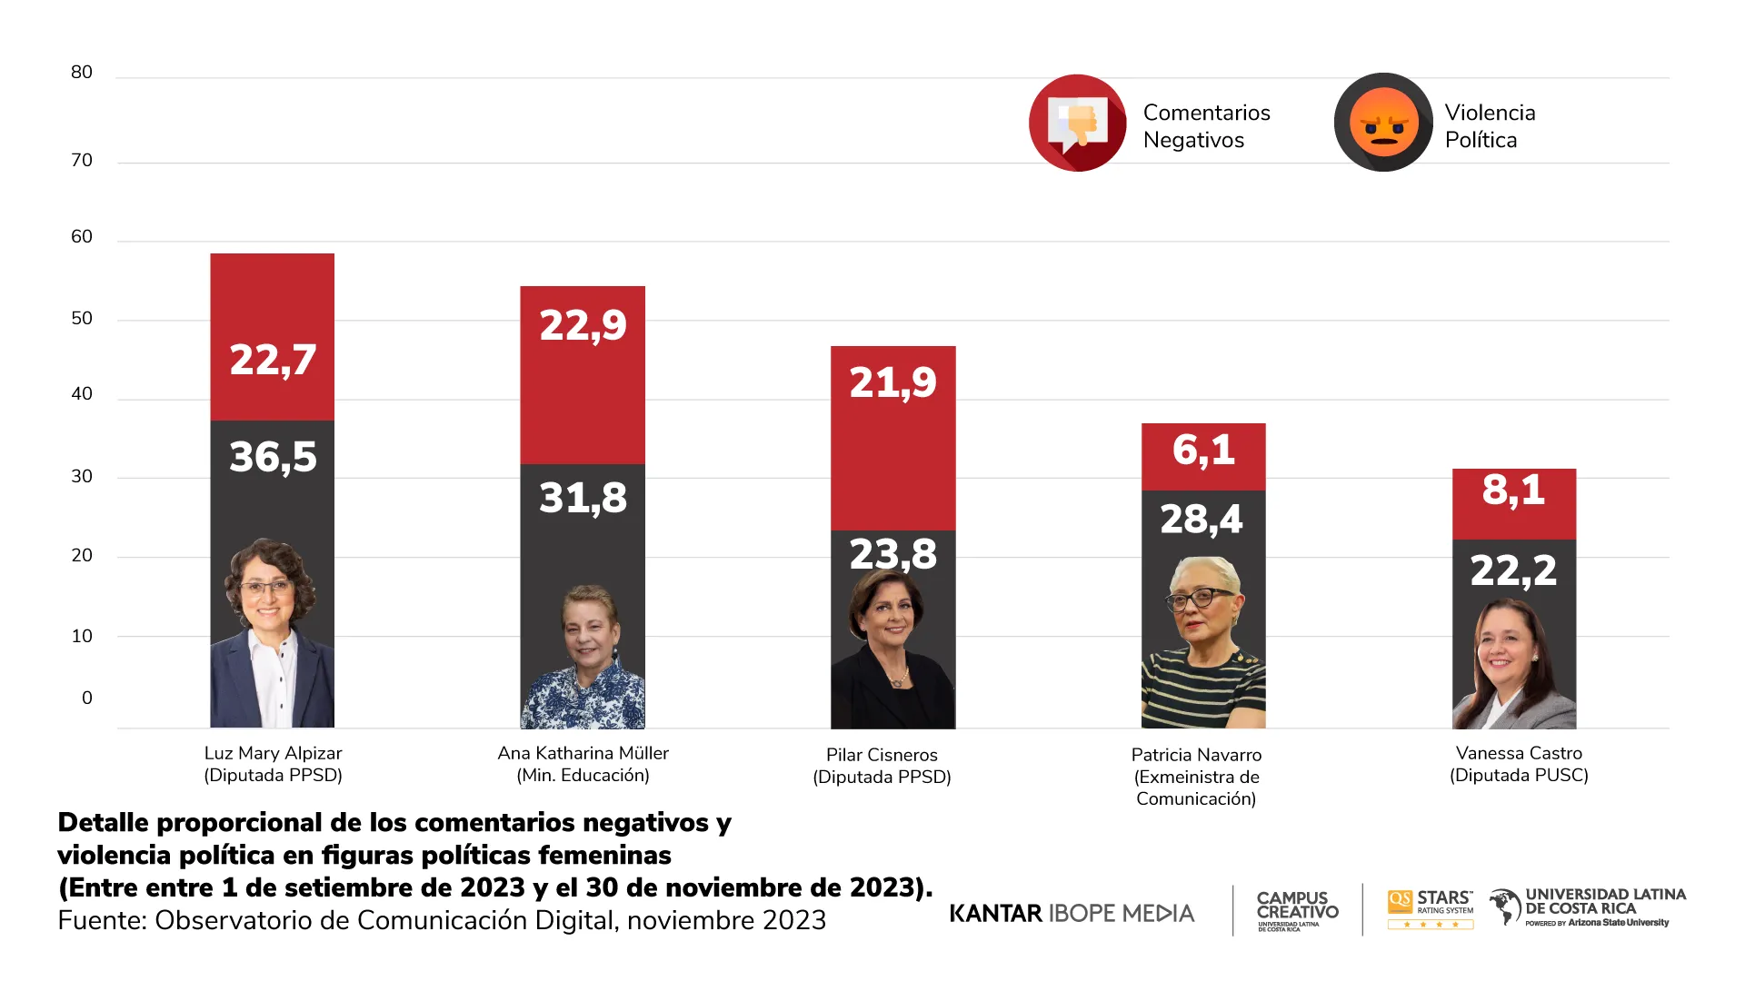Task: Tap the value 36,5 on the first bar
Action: (x=273, y=457)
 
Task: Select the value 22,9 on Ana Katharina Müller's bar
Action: (x=583, y=325)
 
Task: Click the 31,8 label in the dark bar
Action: (x=583, y=498)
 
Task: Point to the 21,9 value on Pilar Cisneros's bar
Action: (x=892, y=382)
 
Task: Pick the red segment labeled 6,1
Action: (x=1203, y=451)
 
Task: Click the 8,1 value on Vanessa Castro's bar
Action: (x=1513, y=490)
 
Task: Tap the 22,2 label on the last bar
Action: (x=1513, y=571)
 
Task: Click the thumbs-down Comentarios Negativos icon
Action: (x=1078, y=123)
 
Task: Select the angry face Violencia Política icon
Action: (x=1383, y=123)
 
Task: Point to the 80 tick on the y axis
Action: (x=82, y=73)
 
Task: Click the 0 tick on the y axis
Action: (x=87, y=699)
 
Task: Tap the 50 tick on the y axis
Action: (x=82, y=319)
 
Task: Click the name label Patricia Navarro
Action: (x=1196, y=755)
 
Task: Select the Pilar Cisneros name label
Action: (x=882, y=755)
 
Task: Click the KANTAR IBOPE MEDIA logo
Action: (x=1072, y=913)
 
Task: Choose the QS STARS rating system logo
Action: (x=1430, y=908)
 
